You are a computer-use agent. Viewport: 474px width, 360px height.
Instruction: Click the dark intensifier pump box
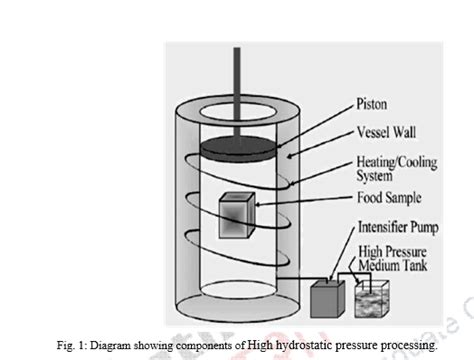pyautogui.click(x=326, y=296)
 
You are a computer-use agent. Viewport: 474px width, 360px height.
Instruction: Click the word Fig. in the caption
pyautogui.click(x=70, y=345)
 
